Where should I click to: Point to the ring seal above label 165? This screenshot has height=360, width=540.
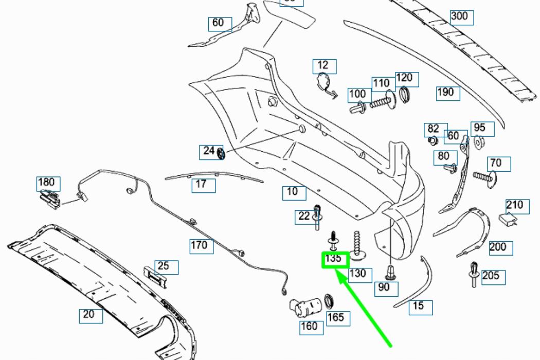330,301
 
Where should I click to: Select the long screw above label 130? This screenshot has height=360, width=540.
357,245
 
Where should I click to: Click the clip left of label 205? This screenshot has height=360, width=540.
474,274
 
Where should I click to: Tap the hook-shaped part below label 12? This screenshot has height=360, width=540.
327,86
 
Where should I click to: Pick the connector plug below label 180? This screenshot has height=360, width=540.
49,200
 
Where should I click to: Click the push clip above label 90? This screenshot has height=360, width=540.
390,272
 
